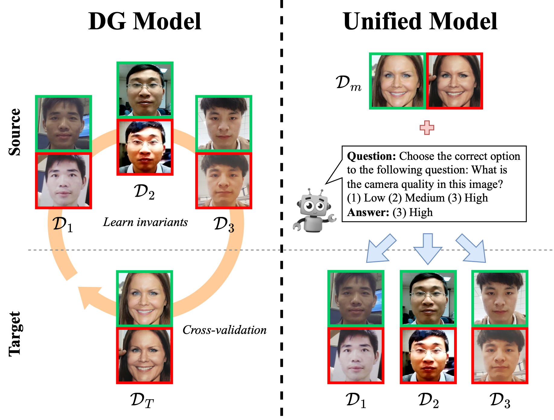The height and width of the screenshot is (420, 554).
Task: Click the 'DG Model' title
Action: coord(145,21)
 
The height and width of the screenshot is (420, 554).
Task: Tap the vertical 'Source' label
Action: coord(14,132)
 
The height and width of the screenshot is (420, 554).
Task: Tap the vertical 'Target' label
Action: coord(14,334)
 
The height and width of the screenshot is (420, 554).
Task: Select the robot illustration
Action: coord(314,211)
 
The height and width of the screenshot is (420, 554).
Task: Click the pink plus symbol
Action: coord(427,128)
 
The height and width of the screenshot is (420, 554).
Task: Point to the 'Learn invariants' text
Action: coord(145,222)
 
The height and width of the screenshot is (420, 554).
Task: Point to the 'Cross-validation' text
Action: coord(224,330)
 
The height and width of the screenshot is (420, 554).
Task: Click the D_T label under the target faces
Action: coord(142,401)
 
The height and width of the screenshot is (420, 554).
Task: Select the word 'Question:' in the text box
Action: coord(371,156)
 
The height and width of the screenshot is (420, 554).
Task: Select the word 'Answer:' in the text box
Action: coord(368,212)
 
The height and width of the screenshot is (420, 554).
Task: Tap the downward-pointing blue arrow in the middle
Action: coord(428,248)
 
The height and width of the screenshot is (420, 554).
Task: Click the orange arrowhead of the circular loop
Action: coord(88,296)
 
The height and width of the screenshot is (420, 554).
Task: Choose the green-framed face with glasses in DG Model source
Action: coord(145,90)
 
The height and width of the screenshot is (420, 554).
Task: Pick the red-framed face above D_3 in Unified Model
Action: coord(500,356)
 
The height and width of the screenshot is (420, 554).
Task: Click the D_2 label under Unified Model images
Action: coord(428,401)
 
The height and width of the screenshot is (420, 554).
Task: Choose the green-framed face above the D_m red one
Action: coord(397,81)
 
